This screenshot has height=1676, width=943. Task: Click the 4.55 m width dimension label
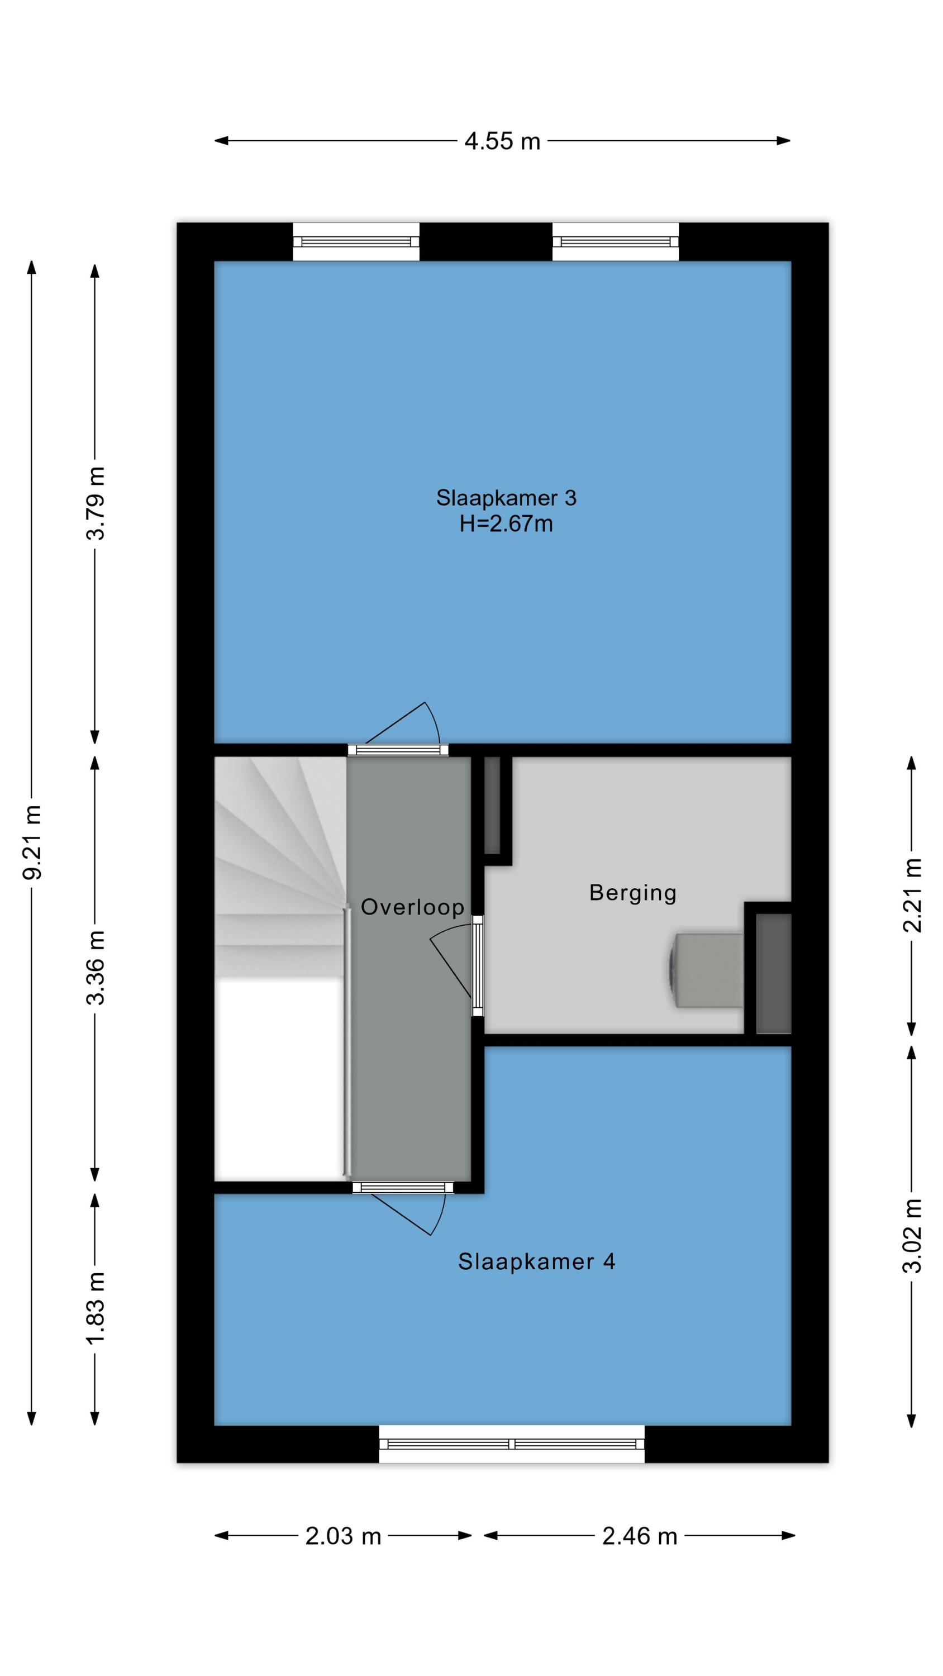click(502, 141)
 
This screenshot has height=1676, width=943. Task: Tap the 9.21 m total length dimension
click(32, 842)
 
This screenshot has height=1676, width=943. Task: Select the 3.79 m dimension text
click(96, 503)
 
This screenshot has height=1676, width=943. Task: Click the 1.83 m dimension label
click(96, 1308)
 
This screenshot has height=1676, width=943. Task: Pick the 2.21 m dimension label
click(912, 895)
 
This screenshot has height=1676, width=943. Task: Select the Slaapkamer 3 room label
click(506, 498)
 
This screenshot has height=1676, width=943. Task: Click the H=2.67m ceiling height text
click(506, 524)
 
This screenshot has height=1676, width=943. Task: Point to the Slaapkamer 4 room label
click(536, 1261)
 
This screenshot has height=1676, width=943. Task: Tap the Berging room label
click(632, 893)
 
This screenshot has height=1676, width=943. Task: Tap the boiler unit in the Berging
click(706, 971)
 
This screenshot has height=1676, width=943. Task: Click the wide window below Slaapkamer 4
click(512, 1444)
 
